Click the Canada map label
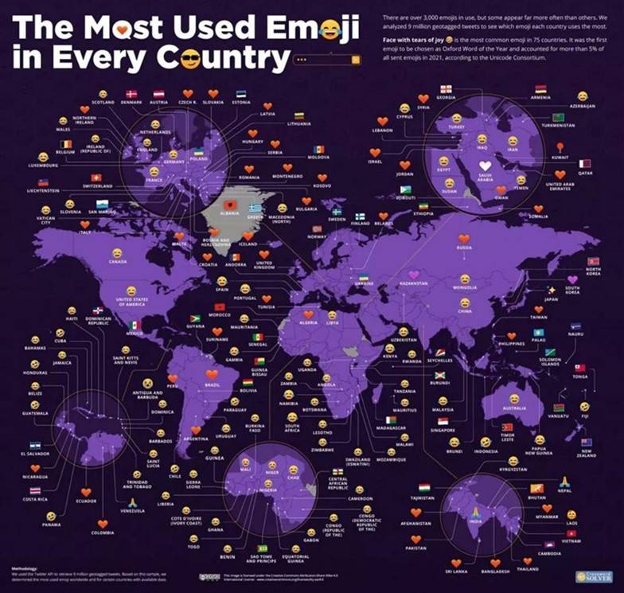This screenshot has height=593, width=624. point(117,261)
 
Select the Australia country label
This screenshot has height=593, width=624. point(516,408)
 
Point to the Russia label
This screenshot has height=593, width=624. point(464,248)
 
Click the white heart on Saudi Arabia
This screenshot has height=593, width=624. point(485,167)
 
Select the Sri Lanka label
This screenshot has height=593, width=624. point(457,572)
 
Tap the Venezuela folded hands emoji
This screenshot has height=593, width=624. point(133,502)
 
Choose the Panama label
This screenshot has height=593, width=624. point(52,525)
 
